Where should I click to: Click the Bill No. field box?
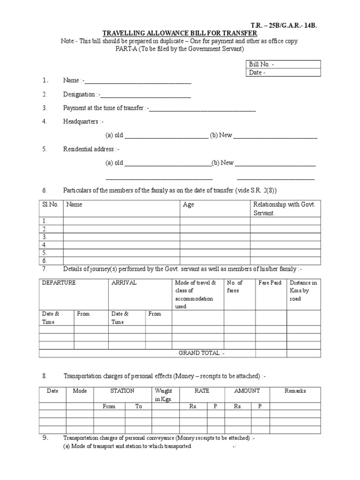tap(283, 64)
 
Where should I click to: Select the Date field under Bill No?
tap(283, 73)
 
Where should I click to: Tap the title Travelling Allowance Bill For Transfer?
tap(180, 33)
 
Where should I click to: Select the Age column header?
tap(188, 205)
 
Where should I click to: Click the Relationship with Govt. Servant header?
tap(285, 209)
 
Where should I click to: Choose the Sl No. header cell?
tap(50, 205)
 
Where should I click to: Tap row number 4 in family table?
tap(45, 245)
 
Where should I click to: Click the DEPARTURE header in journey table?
tap(59, 283)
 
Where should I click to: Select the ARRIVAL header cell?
tap(124, 283)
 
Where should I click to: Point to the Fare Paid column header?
tap(270, 283)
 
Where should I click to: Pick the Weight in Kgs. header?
tap(164, 395)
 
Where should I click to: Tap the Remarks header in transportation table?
tap(295, 391)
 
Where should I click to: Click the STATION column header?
tap(122, 391)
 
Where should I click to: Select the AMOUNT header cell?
tap(247, 391)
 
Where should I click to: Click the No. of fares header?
tap(235, 286)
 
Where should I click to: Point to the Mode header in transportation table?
tap(80, 391)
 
